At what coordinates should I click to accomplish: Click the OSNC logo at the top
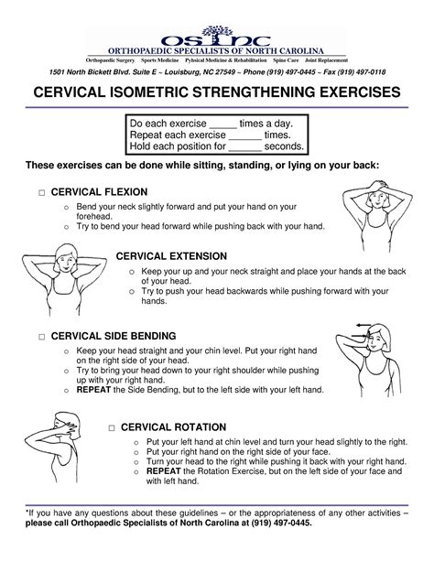(217, 38)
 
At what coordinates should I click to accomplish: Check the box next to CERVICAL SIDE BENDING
(42, 338)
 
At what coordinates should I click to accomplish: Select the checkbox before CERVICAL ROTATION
(110, 427)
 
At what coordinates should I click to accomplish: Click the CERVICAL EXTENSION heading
(184, 256)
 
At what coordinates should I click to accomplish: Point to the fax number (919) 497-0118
(375, 72)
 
